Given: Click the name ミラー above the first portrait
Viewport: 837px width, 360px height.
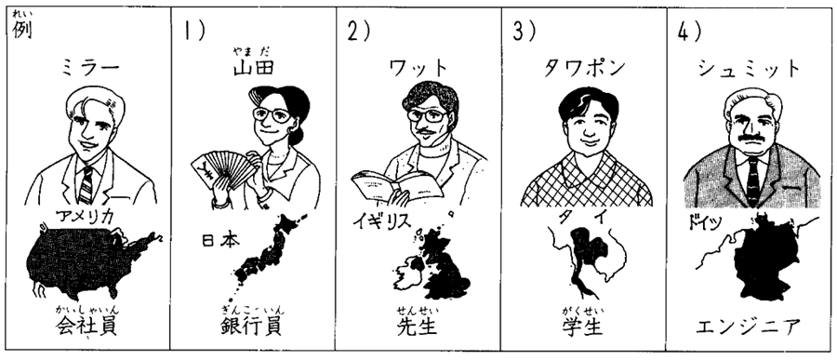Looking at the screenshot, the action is pos(89,69).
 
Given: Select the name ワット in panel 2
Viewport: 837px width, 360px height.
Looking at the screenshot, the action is pos(418,69).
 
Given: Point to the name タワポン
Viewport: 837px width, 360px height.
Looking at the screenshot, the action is pos(584,68).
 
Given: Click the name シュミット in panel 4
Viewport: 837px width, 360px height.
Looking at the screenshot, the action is pos(750,69).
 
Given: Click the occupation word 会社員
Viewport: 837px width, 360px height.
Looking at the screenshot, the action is pos(86,326).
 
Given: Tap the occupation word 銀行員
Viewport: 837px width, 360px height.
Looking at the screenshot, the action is pos(251,326).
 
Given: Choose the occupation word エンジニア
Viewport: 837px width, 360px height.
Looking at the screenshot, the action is pos(749,326).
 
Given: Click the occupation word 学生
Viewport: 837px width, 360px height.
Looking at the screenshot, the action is pos(582,326).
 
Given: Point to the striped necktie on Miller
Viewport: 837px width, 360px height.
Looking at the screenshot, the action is pos(86,184).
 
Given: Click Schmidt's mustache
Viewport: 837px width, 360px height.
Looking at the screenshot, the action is pos(752,139).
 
